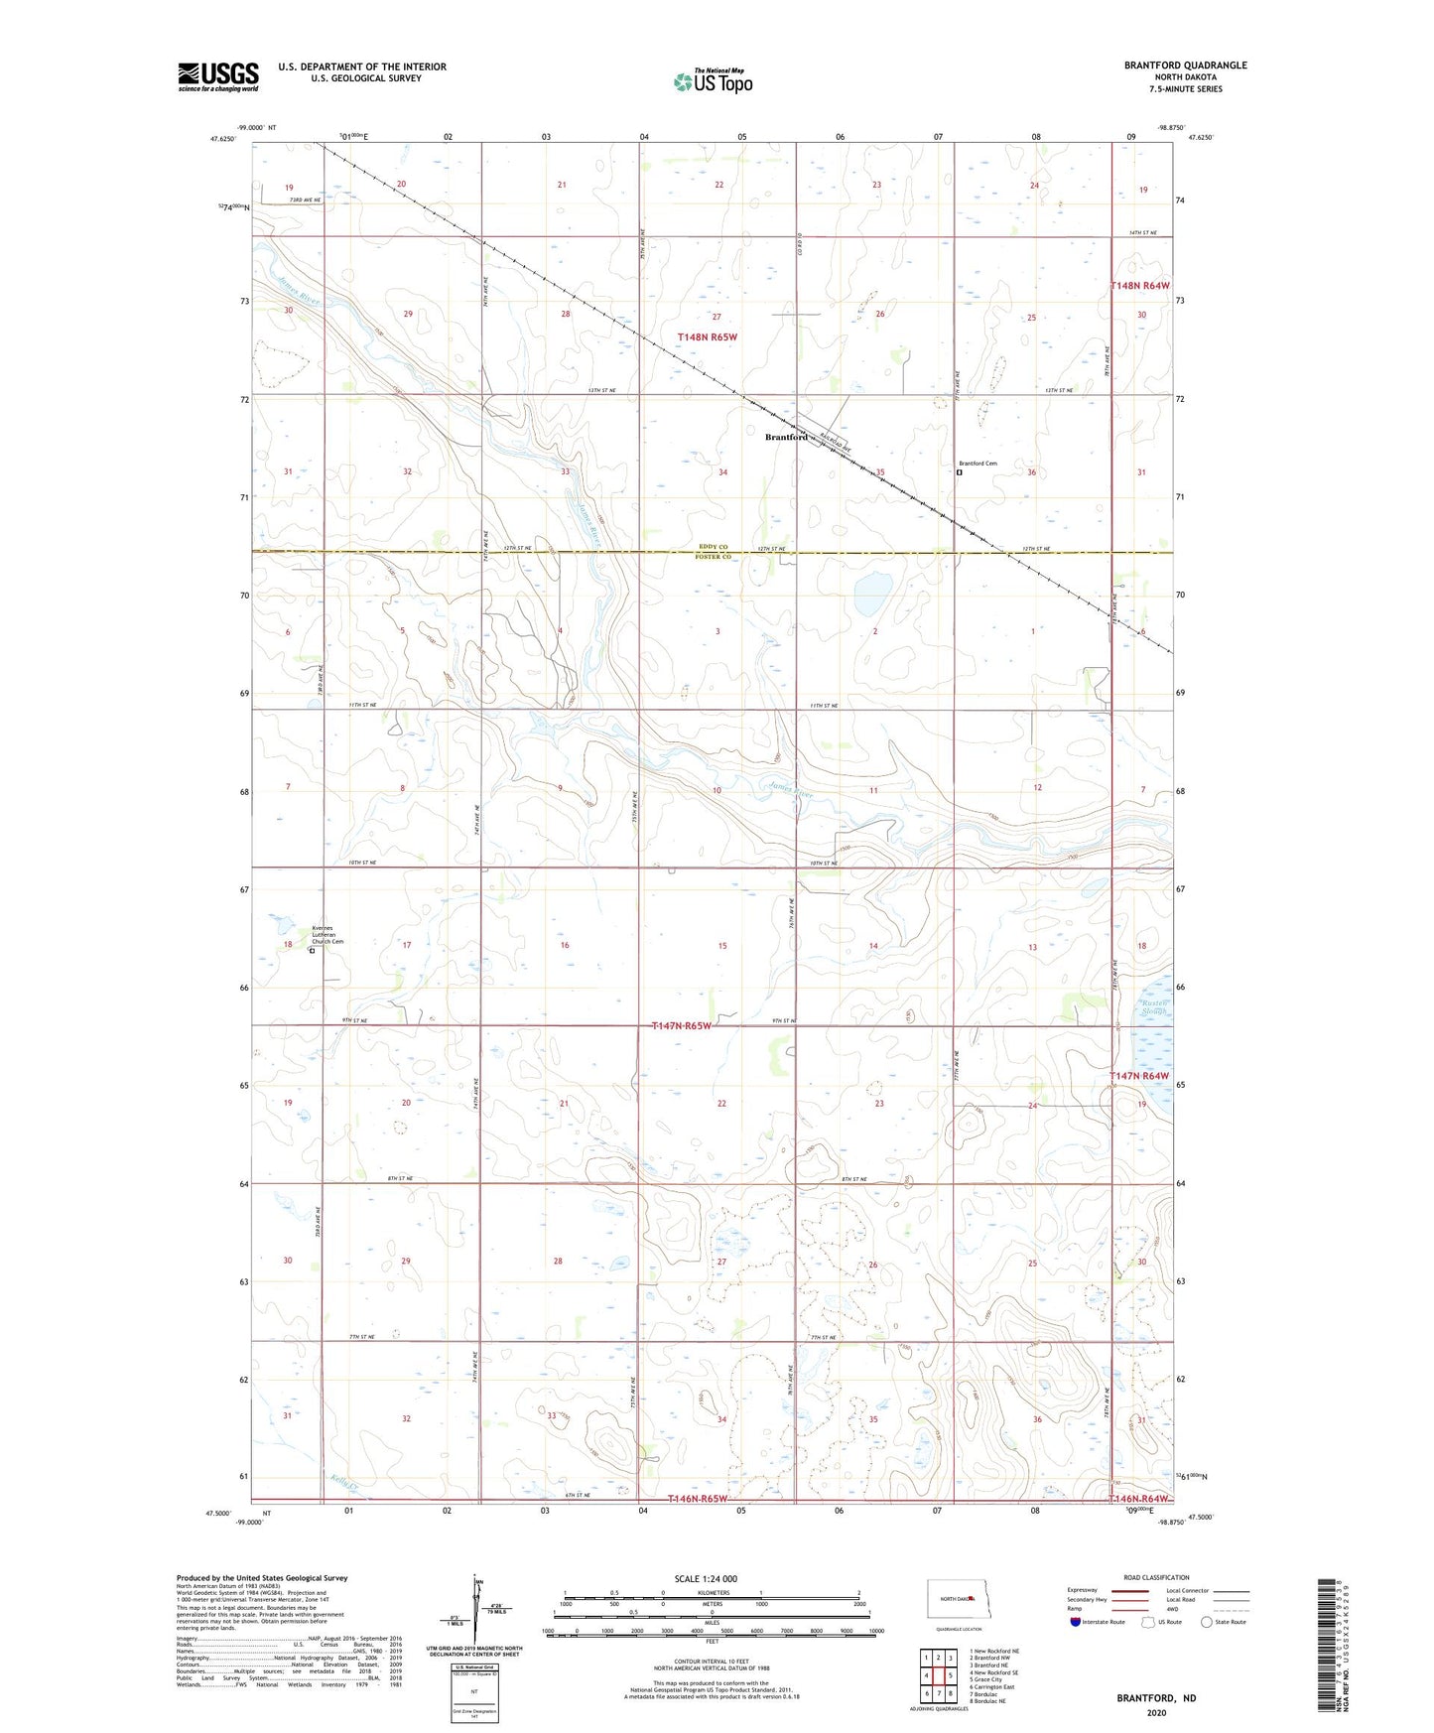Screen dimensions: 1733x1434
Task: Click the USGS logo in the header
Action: tap(218, 76)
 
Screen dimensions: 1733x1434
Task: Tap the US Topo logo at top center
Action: tap(713, 81)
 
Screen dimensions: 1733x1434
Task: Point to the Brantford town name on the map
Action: tap(786, 438)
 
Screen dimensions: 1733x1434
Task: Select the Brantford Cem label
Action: tap(978, 464)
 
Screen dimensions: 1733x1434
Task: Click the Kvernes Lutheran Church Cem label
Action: tap(328, 934)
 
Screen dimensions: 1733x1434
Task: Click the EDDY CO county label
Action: tap(713, 547)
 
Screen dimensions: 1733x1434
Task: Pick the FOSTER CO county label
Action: tap(714, 557)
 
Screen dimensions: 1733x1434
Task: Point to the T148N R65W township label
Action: tap(708, 337)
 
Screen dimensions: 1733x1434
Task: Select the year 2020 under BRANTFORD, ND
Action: tap(1156, 1712)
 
